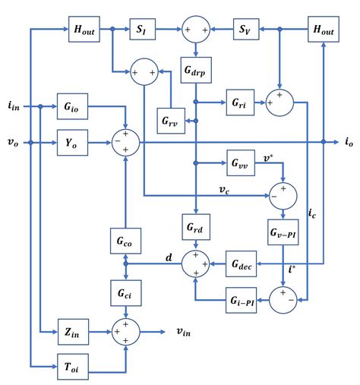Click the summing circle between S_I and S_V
pos(196,30)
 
